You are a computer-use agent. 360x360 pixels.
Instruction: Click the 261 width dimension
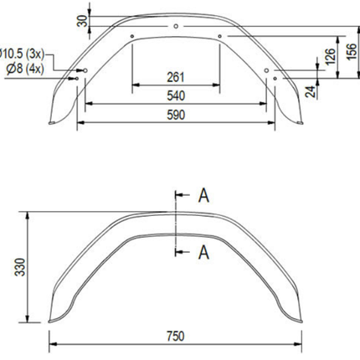coord(176,77)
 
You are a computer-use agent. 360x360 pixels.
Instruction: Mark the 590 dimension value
coord(176,114)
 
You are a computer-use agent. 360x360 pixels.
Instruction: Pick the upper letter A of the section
coord(203,196)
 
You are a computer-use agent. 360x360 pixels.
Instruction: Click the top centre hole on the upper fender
coord(175,28)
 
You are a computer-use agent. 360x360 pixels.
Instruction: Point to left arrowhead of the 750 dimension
coord(53,344)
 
